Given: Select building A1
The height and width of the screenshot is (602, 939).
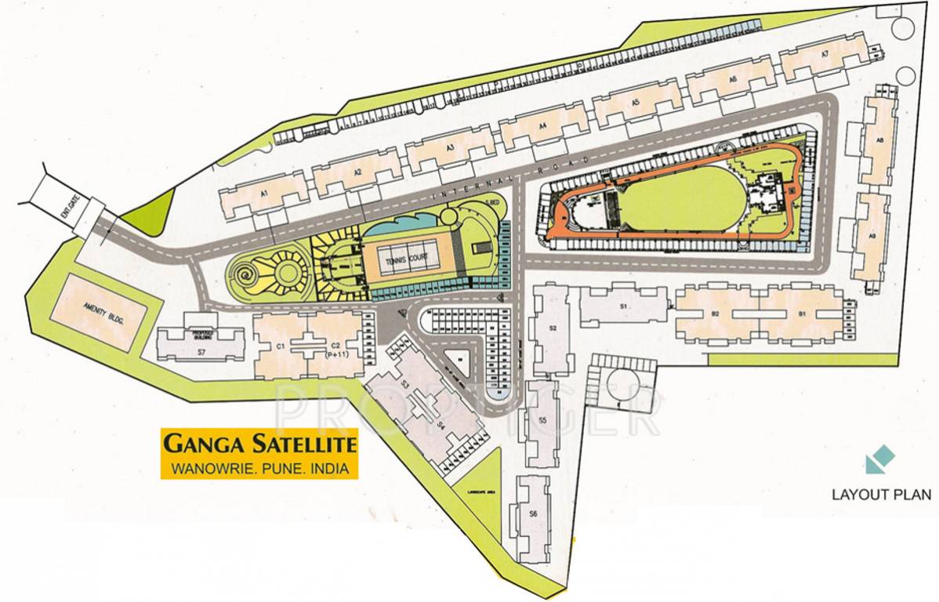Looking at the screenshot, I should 264,196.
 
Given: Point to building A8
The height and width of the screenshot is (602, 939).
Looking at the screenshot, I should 879,142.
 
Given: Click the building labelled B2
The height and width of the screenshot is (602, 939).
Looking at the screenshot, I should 716,314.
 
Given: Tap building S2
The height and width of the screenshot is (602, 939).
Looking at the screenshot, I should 553,328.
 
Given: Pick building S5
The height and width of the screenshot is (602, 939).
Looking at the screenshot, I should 542,422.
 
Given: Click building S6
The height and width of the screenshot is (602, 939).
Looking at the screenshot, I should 533,514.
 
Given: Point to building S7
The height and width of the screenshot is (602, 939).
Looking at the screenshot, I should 201,345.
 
